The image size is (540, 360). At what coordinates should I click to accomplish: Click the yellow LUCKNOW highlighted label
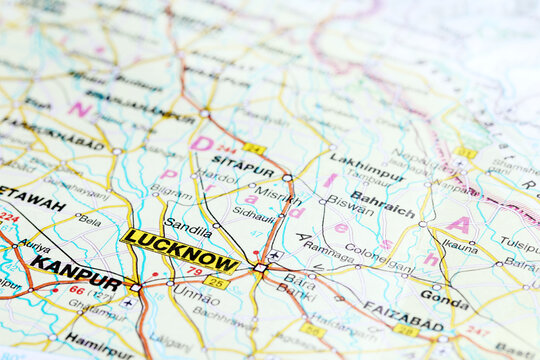tap(180, 250)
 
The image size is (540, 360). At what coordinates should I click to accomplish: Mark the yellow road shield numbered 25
tap(215, 283)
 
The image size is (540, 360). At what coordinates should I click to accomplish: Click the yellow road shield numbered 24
tap(254, 149)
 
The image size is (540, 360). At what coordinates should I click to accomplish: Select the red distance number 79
tap(194, 271)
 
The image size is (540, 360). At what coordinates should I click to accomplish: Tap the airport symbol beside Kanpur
tap(128, 300)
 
